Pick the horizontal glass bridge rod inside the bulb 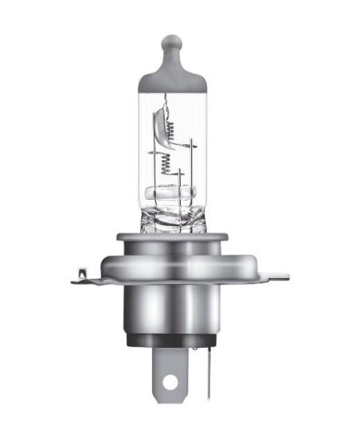(x=170, y=192)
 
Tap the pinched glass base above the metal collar (x=171, y=218)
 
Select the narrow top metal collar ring (x=171, y=237)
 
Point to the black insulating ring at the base (x=171, y=342)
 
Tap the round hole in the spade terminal (x=169, y=383)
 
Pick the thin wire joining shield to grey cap (x=165, y=100)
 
